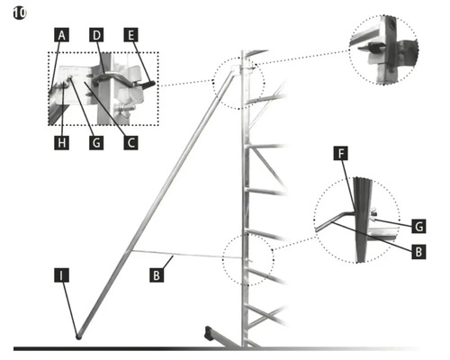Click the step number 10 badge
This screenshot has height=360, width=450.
pos(20,13)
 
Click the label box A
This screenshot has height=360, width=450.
pos(61,35)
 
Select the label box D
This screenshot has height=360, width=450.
pos(96,35)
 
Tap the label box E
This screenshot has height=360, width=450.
pos(131,35)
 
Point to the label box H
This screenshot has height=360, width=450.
pos(61,142)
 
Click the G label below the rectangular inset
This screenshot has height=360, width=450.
pos(96,142)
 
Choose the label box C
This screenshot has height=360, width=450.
pos(131,142)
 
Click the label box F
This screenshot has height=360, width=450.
pos(341,154)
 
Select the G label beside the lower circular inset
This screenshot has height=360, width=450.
pos(418,226)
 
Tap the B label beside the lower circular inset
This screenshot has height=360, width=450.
pos(418,251)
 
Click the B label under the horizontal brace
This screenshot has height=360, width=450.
pos(157,275)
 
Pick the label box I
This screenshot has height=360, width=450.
pos(61,275)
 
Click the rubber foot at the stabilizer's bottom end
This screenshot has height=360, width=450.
pos(78,337)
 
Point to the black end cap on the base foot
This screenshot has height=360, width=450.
pos(208,332)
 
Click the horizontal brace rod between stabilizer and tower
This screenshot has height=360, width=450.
pos(187,255)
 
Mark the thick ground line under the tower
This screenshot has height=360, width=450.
pos(216,349)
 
